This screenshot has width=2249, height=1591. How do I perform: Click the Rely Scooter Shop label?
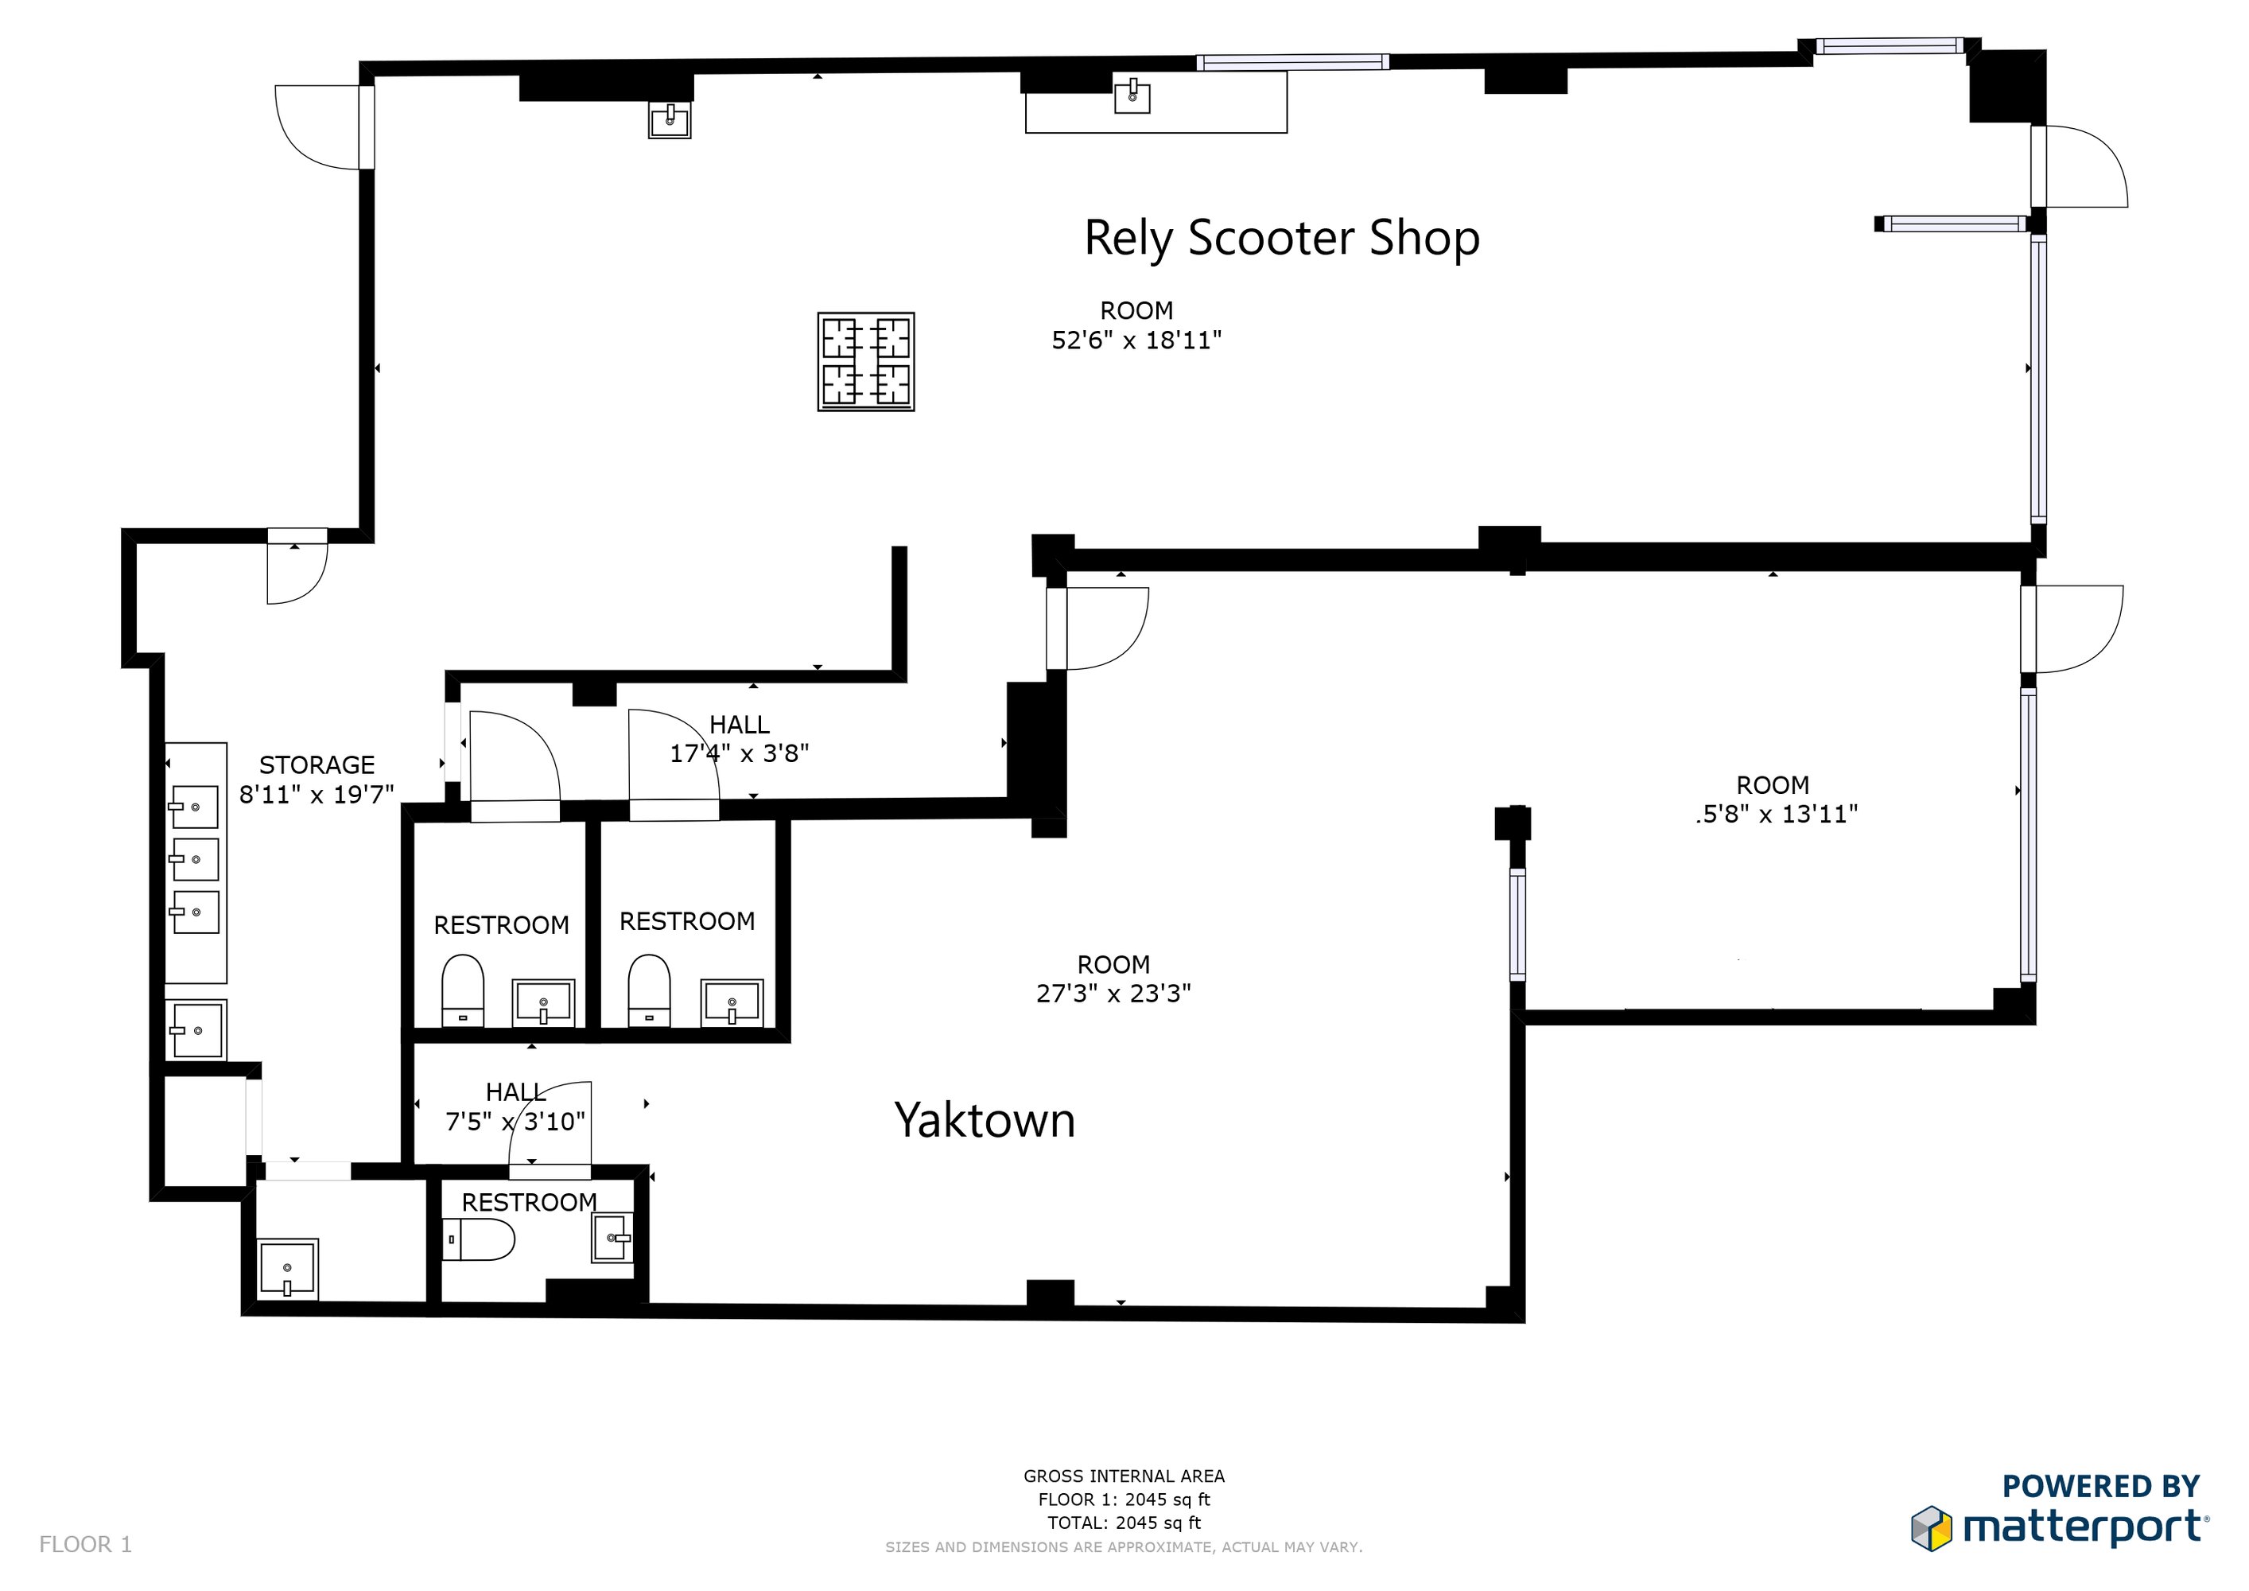(1281, 238)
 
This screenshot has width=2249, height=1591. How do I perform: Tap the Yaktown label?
(985, 1120)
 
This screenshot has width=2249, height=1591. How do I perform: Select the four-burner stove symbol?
(866, 361)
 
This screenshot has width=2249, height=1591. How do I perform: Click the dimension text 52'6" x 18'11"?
(1136, 340)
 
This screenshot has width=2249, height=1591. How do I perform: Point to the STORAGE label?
(317, 764)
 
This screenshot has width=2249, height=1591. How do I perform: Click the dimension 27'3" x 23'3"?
(1113, 994)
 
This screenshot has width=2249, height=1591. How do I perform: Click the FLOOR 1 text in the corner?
(85, 1544)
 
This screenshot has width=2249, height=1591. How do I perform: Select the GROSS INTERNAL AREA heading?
(1124, 1476)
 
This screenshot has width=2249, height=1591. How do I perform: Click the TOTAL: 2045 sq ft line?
(1124, 1523)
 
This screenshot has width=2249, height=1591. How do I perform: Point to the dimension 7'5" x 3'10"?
(515, 1121)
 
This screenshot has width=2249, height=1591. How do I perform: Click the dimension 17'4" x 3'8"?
(740, 753)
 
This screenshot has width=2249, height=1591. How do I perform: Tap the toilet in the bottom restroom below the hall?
(479, 1239)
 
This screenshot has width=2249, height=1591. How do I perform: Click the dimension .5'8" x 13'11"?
(1776, 814)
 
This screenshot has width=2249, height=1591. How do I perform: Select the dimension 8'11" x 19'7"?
(317, 795)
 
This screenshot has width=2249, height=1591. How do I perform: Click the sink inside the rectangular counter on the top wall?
(1132, 96)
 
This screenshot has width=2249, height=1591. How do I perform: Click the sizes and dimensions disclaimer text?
(1124, 1547)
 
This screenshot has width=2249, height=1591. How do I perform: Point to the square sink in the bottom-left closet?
(287, 1269)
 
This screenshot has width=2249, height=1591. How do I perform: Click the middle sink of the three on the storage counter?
(195, 859)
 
